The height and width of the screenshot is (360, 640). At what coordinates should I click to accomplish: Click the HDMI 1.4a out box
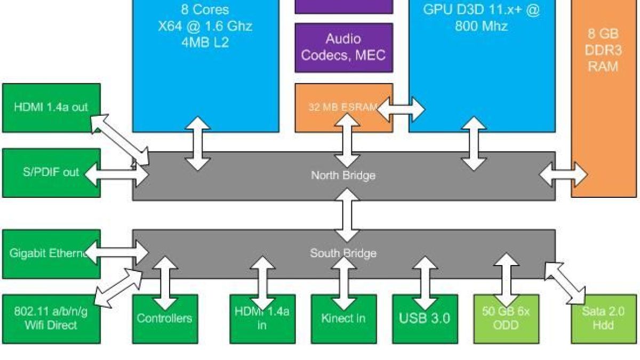point(51,108)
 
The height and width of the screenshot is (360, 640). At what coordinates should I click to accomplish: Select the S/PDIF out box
point(51,173)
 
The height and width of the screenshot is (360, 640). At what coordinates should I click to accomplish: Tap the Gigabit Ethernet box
point(51,254)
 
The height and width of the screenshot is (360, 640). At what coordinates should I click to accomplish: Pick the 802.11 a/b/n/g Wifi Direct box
point(51,319)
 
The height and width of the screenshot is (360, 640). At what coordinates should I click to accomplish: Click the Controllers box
point(165,319)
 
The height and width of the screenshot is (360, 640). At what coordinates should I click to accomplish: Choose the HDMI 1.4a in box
point(262,319)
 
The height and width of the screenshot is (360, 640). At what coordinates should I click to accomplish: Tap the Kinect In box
point(343,319)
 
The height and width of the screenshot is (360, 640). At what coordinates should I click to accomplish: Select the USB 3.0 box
point(425,319)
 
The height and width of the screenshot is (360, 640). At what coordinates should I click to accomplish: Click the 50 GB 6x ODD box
point(506,319)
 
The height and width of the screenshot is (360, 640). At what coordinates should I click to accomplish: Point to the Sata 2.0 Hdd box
point(604,319)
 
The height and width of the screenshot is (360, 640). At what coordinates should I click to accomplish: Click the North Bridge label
point(343,175)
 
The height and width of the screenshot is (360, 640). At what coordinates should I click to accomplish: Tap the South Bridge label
point(343,253)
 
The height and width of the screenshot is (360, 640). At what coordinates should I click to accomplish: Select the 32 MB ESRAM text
point(343,107)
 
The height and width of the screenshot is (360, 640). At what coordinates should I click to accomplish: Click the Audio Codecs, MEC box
point(344,47)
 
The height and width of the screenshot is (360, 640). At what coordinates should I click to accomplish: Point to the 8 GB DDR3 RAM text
point(603,50)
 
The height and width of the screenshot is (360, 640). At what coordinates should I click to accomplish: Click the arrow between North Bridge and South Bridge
point(347,215)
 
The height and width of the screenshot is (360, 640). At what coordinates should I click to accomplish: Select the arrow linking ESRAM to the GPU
point(401,109)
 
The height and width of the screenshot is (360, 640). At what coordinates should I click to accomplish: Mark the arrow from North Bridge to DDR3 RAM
point(563,174)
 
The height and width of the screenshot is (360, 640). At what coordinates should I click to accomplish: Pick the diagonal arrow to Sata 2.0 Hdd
point(565,283)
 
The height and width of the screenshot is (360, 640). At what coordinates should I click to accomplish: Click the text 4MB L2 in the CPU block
point(205,43)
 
